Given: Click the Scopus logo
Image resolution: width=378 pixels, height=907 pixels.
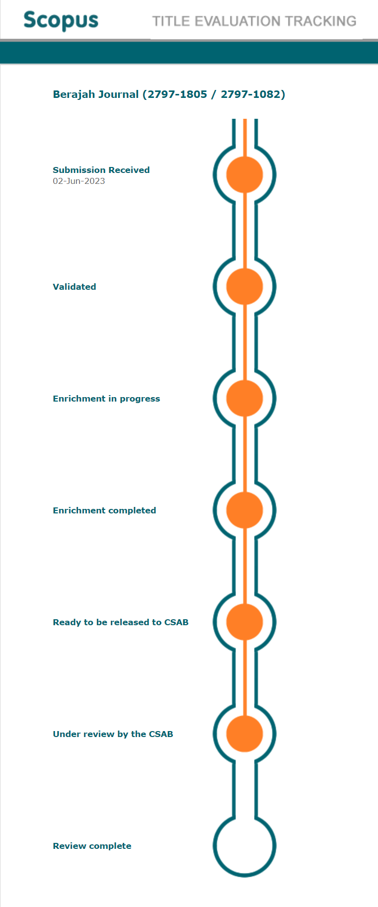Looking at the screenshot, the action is [x=61, y=20].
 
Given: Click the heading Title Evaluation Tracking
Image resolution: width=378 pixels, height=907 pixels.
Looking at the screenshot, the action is [x=254, y=21].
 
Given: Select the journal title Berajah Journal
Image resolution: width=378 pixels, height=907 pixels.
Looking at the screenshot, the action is [x=96, y=94].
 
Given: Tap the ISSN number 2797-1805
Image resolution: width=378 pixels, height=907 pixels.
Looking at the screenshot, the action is [x=177, y=94].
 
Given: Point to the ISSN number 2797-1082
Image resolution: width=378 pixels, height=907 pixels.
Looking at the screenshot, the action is [x=251, y=94].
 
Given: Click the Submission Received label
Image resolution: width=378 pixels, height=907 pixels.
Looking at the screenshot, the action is [x=101, y=170].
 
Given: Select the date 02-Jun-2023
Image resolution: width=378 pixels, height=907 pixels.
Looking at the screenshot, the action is [x=79, y=181].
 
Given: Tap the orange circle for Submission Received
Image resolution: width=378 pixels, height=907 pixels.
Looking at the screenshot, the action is [x=244, y=174].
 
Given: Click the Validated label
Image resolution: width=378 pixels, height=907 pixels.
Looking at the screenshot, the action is [x=75, y=287].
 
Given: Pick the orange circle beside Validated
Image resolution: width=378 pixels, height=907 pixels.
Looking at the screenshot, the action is [x=244, y=286].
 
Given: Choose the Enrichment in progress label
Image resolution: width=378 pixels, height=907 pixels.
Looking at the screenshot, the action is [x=106, y=399].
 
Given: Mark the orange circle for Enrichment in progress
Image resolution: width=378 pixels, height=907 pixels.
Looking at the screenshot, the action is [x=244, y=398].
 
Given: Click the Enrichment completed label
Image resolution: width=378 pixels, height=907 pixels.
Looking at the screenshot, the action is [x=104, y=510].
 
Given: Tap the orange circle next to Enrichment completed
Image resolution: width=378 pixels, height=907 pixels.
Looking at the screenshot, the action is [x=244, y=510].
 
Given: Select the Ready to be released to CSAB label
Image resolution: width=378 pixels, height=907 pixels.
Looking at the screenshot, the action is [x=121, y=622].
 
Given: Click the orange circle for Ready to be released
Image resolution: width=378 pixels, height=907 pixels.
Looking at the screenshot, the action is [x=244, y=622].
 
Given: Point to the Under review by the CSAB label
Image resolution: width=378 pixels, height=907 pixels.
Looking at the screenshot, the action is [x=113, y=734].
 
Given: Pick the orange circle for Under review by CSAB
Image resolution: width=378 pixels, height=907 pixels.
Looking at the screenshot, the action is [x=244, y=734].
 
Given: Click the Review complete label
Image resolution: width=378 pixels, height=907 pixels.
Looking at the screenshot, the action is [x=92, y=846].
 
